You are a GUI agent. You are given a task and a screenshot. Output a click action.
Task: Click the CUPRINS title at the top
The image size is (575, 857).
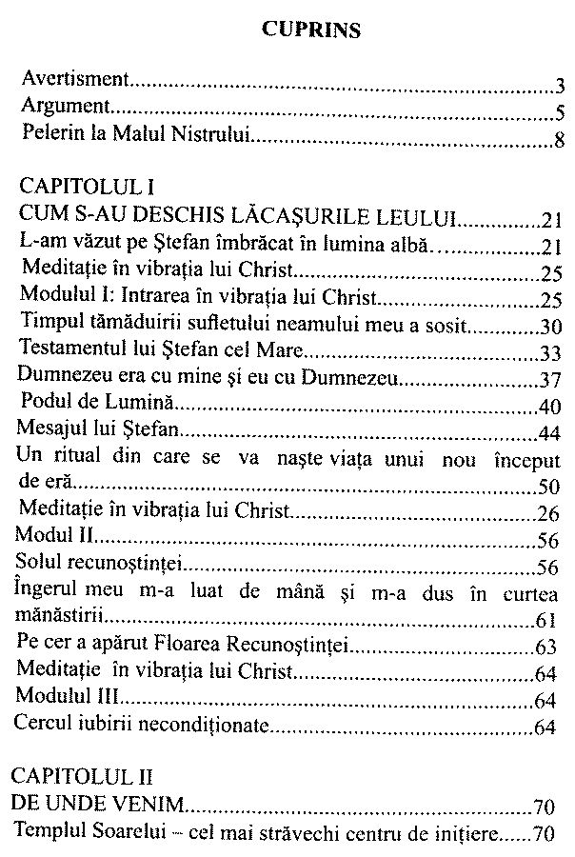click(310, 30)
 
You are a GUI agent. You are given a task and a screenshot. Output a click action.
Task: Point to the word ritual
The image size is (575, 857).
click(77, 458)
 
